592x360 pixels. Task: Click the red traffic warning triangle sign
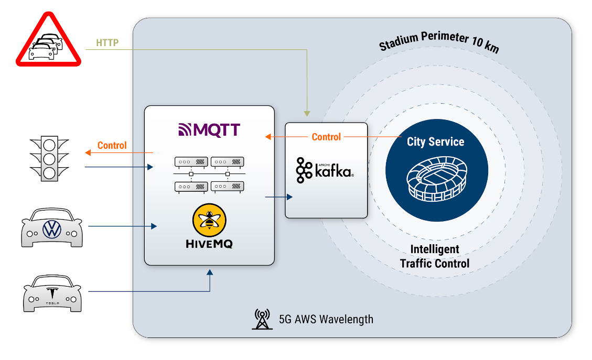tap(48, 42)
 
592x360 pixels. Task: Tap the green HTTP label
tap(107, 42)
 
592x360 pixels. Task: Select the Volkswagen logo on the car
tap(52, 228)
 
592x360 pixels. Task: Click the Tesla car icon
tap(52, 294)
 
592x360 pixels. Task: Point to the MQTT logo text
tap(210, 129)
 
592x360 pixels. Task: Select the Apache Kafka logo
tap(325, 171)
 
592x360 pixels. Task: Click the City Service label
tap(435, 141)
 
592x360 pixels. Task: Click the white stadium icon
tap(436, 178)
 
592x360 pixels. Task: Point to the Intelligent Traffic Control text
tap(435, 256)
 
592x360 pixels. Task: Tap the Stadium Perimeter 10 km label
tap(438, 42)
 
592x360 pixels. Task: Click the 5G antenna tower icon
tap(262, 319)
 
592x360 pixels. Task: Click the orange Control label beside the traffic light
tap(112, 145)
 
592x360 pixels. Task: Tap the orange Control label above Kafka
tap(326, 137)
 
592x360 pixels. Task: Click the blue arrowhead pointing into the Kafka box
tap(290, 197)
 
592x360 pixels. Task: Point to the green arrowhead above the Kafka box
tap(307, 113)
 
